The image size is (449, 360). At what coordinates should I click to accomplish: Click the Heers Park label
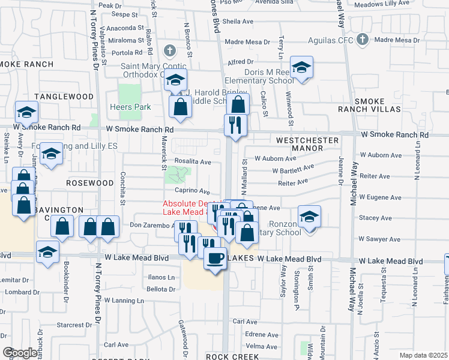coord(130,107)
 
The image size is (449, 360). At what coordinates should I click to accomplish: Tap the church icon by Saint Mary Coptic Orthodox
coord(170,50)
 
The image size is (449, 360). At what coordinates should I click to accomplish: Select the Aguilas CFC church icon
coord(362,40)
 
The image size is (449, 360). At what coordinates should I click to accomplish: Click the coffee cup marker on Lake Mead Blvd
coord(215,259)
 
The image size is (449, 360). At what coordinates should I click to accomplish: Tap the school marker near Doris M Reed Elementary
coord(301,67)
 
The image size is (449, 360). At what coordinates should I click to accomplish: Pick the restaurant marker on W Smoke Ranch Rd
coord(234,125)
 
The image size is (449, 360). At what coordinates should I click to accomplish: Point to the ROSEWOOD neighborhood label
coord(90,182)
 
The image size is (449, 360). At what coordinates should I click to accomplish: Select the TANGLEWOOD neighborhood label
coord(64,97)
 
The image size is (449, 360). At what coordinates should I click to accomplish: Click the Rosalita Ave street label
coord(193,161)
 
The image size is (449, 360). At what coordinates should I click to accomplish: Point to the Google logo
coord(20,352)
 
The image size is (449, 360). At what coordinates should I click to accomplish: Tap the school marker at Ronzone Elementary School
coord(310,217)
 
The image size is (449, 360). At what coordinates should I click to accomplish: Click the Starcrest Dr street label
coord(73,325)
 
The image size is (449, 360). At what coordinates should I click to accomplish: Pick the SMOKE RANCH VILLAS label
coord(377,105)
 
